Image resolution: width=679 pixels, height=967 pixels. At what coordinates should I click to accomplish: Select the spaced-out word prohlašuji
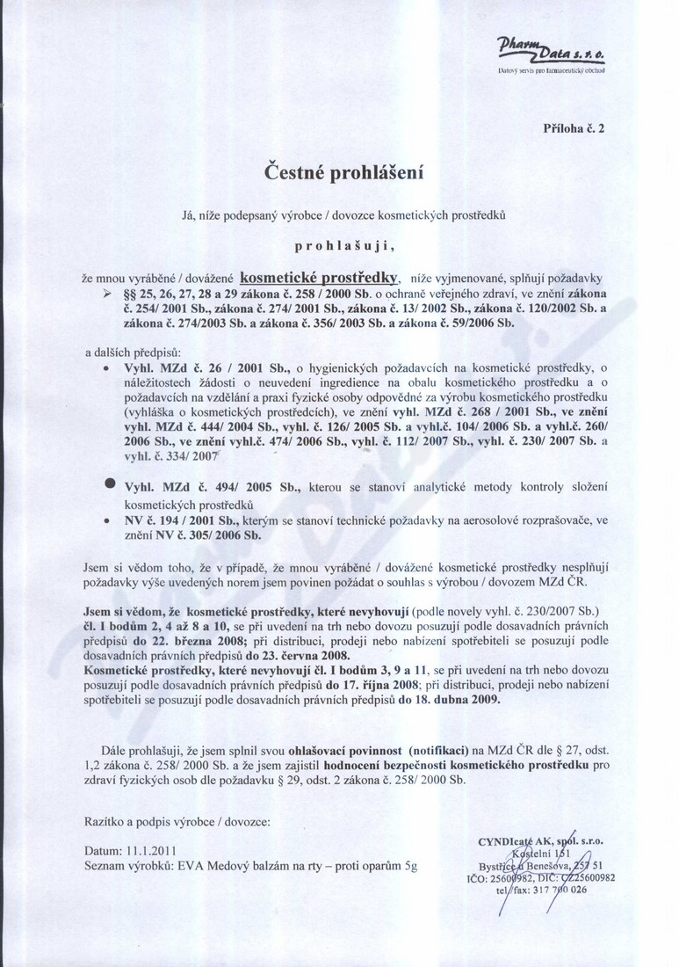pos(338,238)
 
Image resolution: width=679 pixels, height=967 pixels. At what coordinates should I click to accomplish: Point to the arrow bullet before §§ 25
pos(108,292)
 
